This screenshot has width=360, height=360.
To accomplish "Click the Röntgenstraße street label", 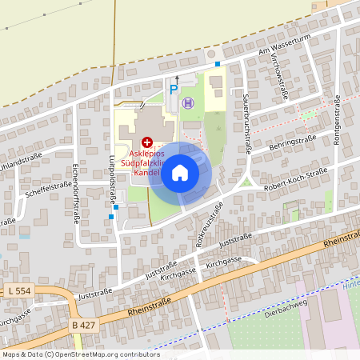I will pos(338,116).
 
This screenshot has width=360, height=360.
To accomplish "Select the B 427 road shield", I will pos(84,325).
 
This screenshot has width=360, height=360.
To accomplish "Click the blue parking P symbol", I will pos(174,90).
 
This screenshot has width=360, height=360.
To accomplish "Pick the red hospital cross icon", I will pos(147,141).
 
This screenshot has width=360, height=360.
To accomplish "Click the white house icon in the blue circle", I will pos(180,173).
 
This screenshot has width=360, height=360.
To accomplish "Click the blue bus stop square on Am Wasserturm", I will pos(217,64).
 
